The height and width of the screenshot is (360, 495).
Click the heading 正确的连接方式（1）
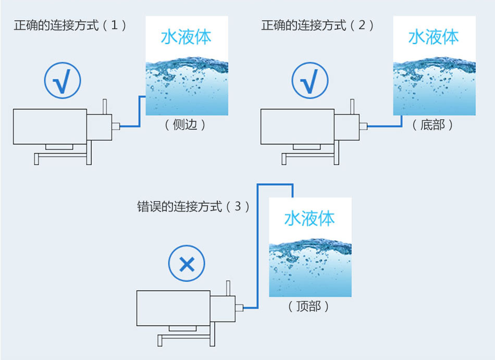70,25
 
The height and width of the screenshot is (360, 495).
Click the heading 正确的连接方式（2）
317,25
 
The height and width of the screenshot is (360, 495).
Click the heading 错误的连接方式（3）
193,206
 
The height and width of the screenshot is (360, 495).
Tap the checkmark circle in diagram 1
63,82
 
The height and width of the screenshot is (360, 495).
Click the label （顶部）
308,306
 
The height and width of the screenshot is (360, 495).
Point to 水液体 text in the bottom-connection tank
434,38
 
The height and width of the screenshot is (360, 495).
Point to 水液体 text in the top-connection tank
309,219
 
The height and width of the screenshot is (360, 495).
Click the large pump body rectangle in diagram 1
50,126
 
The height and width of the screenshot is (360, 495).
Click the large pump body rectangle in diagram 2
297,126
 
